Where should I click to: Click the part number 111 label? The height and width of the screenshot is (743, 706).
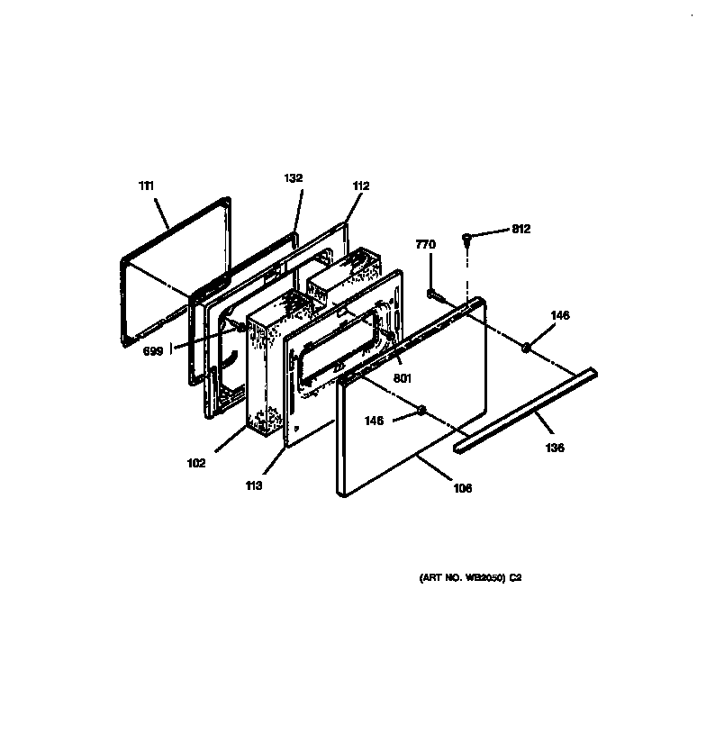click(147, 186)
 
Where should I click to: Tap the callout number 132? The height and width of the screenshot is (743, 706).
click(293, 178)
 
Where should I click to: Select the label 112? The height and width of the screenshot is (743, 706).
click(360, 186)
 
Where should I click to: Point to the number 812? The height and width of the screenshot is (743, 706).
click(520, 229)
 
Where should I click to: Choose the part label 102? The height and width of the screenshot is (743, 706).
click(196, 464)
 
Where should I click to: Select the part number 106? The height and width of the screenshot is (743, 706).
click(462, 489)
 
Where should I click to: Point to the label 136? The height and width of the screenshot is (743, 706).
click(556, 448)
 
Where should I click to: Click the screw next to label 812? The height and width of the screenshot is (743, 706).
click(467, 238)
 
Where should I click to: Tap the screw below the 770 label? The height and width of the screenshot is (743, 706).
click(434, 294)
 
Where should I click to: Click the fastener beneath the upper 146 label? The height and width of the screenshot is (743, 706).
click(525, 346)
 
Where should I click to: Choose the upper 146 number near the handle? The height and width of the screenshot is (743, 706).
click(559, 315)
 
